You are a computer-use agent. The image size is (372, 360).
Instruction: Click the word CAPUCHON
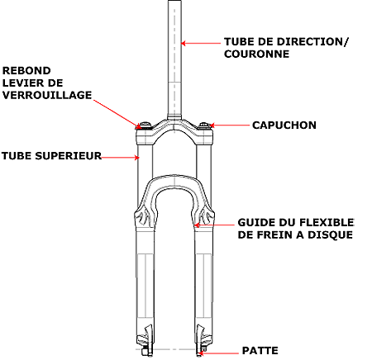(284, 126)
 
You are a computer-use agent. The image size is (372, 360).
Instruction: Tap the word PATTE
(260, 351)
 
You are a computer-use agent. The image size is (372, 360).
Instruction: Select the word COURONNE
(256, 54)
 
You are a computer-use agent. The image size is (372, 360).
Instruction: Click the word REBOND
(26, 71)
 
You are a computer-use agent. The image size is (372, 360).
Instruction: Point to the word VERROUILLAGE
(47, 95)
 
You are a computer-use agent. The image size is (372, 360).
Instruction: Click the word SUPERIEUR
(68, 156)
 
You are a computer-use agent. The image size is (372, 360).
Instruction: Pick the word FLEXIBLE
(327, 222)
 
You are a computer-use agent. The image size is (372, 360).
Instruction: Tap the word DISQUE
(330, 234)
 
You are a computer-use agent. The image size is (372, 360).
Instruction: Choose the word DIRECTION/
(312, 42)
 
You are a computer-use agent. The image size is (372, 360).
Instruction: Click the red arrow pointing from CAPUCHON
(229, 126)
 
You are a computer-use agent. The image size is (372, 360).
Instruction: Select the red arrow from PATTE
(219, 353)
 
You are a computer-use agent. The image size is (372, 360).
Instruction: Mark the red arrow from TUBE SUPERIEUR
(120, 158)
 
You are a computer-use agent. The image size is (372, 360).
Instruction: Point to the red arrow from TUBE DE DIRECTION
(201, 43)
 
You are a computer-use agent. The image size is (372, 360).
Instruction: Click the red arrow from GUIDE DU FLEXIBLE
(214, 225)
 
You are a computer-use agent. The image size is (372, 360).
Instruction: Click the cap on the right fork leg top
(204, 126)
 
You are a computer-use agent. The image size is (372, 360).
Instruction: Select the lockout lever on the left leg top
(145, 126)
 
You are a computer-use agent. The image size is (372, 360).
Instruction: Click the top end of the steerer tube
(174, 1)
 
